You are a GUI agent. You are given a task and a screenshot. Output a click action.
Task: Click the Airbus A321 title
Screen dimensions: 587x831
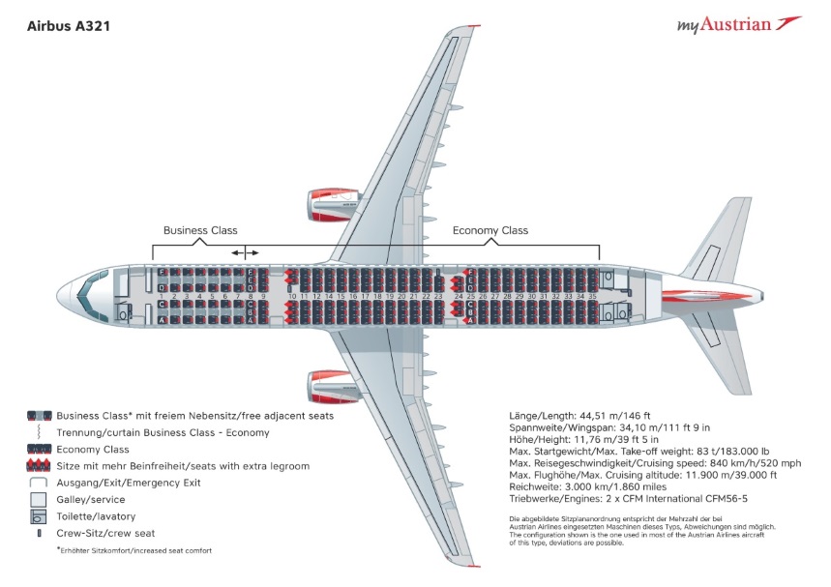point(68,27)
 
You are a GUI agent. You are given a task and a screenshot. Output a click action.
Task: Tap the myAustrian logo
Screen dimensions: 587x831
point(738,24)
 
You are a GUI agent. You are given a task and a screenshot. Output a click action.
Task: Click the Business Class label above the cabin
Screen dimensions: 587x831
point(200,230)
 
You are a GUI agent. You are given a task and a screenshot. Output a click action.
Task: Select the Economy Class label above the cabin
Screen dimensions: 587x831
point(490,230)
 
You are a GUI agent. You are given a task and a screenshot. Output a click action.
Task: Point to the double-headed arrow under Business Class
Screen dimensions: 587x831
point(246,252)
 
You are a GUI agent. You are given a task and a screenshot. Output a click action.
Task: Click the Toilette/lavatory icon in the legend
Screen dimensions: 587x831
point(39,515)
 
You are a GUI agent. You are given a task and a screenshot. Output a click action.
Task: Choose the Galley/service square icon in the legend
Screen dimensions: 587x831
point(39,498)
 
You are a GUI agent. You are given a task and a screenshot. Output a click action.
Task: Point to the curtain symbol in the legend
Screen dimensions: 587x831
point(39,432)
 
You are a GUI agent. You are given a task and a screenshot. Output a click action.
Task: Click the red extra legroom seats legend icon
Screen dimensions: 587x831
point(39,465)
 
